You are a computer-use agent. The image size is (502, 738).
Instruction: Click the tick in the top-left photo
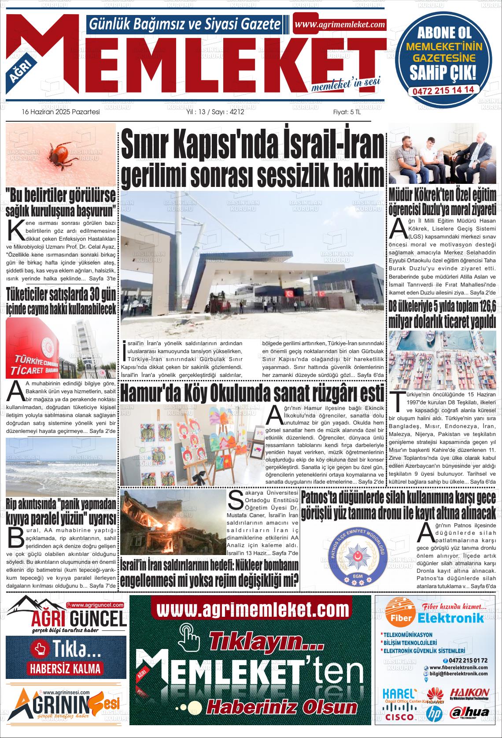pos(58,155)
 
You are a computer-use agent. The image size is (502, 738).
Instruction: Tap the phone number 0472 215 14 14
pos(443,89)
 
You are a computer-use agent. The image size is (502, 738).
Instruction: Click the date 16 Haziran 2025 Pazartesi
pos(61,112)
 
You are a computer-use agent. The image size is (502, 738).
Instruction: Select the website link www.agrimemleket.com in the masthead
pos(340,25)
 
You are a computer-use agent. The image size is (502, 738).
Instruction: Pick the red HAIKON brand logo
pos(469,693)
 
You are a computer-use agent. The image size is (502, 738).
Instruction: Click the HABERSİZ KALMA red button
pos(65,668)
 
